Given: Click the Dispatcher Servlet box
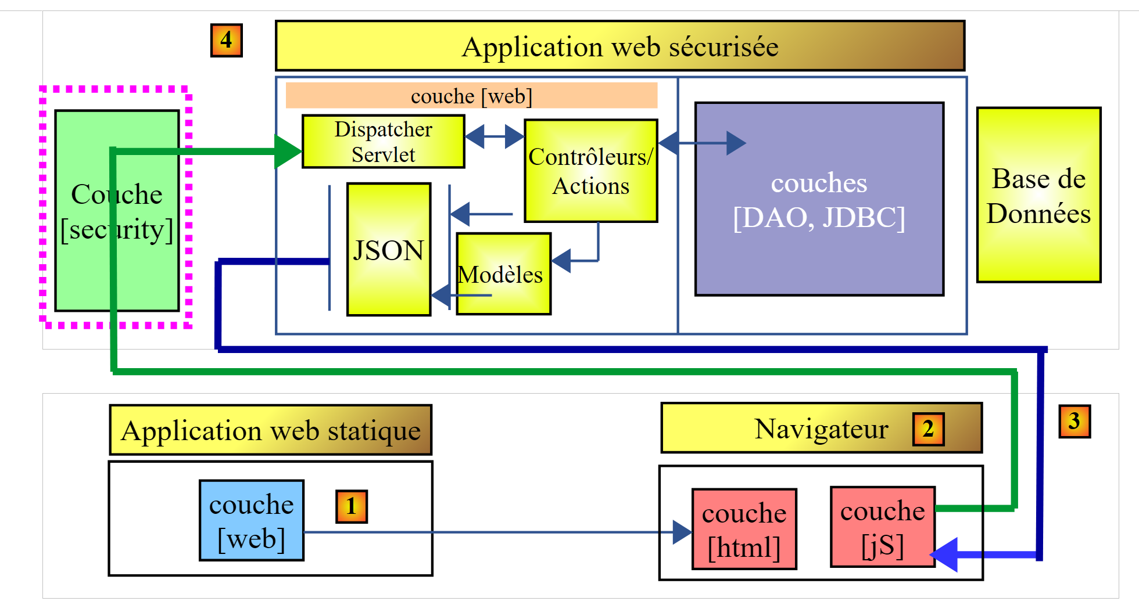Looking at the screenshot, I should click(383, 142).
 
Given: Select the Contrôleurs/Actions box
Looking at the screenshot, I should click(590, 171).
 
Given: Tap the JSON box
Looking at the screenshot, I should click(388, 250).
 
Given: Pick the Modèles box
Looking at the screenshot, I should click(503, 274).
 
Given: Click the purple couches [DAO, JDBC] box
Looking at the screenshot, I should click(819, 199).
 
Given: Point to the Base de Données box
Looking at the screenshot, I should click(1038, 195).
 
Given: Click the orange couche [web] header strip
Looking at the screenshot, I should click(471, 96).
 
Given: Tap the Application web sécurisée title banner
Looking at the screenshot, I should click(619, 46).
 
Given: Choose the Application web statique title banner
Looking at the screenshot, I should click(270, 430).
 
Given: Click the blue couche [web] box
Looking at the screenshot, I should click(251, 520).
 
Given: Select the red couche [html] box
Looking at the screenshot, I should click(744, 529).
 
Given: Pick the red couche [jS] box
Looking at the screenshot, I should click(882, 527).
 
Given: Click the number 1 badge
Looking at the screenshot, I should click(352, 506).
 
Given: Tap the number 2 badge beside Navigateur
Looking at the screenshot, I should click(928, 429).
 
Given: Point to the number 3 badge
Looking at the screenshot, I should click(1074, 421).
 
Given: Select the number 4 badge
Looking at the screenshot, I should click(226, 40).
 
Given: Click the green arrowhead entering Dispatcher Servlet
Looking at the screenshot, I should click(288, 152).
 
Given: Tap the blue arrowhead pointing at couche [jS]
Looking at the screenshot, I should click(945, 555).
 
